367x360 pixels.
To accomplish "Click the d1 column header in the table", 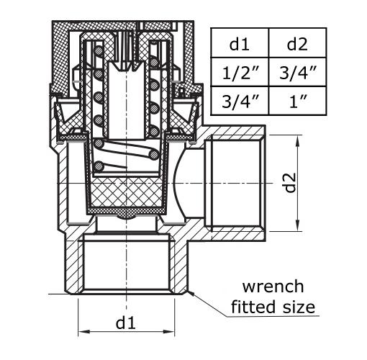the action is [x=239, y=44].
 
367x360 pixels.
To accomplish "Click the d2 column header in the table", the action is [x=297, y=44].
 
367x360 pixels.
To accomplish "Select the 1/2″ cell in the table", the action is [x=240, y=73].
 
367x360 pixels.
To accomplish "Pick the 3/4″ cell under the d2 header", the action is [x=298, y=73].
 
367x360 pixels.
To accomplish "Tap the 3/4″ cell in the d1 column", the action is [x=240, y=101].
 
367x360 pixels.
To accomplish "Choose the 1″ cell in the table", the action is [x=298, y=101].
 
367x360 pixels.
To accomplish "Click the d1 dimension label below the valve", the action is [x=126, y=323].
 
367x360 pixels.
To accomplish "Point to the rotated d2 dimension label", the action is [x=290, y=183].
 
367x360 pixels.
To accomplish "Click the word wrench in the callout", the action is [x=273, y=287].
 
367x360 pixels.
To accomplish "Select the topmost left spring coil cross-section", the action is [x=99, y=51].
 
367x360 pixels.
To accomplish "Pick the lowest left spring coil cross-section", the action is [x=99, y=166].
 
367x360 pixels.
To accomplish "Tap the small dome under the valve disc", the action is [x=126, y=217].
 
